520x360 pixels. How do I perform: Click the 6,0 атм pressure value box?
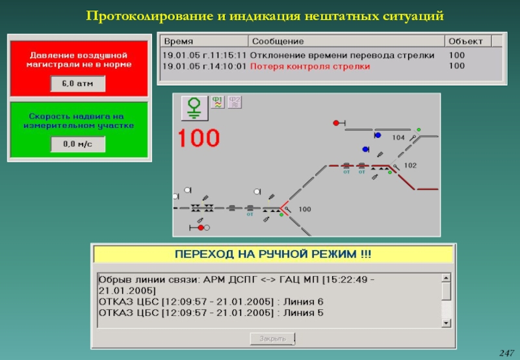(x=77, y=84)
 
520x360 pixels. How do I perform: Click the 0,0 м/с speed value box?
(x=77, y=144)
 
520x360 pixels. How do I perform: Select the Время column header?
(x=177, y=40)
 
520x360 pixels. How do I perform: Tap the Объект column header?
(x=465, y=40)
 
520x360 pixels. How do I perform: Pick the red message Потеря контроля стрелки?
(x=310, y=66)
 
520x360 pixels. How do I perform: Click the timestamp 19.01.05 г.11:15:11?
(x=204, y=56)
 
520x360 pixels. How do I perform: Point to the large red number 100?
(x=199, y=138)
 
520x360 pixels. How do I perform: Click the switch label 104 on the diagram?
(x=398, y=138)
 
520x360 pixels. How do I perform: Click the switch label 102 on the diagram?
(x=410, y=166)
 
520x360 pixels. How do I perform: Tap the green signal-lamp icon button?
(x=193, y=109)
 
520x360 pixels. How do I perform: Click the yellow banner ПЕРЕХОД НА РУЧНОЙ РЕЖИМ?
(x=274, y=253)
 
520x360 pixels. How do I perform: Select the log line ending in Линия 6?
(x=211, y=302)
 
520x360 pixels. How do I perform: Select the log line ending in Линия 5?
(x=211, y=313)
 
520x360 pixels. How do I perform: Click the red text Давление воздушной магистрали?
(x=79, y=60)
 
